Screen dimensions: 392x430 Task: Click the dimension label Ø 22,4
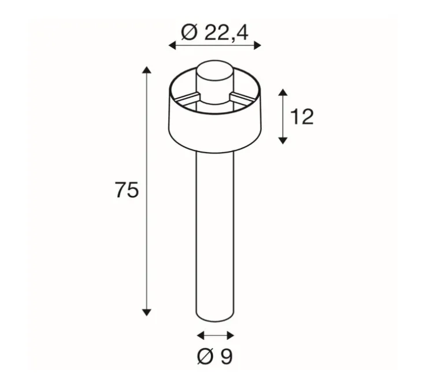[214, 32]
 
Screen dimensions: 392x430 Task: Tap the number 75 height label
[127, 190]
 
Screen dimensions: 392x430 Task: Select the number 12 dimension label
[302, 117]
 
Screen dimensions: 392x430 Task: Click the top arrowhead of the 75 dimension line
[147, 71]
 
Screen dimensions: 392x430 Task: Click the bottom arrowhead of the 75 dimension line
[147, 312]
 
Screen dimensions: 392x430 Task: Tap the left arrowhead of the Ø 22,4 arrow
[172, 46]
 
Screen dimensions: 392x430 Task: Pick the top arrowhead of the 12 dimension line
[283, 93]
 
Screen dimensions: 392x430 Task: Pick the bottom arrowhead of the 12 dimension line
[283, 140]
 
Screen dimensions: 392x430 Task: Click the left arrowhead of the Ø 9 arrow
[200, 335]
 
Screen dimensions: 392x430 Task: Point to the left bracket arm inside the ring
[187, 96]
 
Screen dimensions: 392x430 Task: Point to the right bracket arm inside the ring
[242, 96]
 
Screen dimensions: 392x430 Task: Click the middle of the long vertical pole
[215, 231]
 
